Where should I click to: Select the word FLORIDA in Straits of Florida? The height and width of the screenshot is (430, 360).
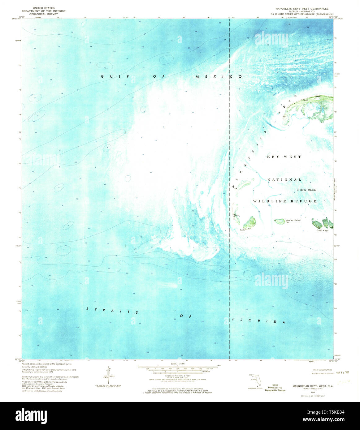[258, 321]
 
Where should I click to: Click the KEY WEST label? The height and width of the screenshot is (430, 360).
[284, 157]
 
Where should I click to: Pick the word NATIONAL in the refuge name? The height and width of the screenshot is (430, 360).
[284, 179]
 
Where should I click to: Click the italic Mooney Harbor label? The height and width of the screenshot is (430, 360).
[307, 190]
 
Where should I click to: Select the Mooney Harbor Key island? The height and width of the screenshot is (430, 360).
[280, 221]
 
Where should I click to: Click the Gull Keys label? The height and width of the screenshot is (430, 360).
[322, 230]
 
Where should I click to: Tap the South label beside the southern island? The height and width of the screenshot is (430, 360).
[242, 230]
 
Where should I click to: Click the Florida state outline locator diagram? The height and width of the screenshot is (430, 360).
[255, 380]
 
